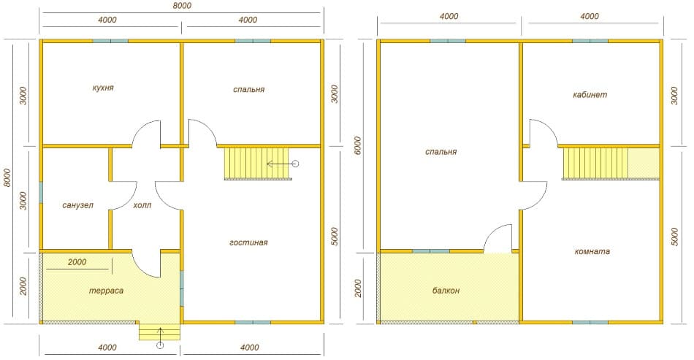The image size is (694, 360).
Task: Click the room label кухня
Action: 103,88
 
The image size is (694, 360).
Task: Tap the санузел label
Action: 78,205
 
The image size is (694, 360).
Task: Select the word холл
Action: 142,205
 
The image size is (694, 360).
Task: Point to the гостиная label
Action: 248,242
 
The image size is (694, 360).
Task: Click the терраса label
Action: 106,291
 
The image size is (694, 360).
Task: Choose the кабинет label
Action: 590,95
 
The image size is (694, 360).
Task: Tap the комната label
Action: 592,251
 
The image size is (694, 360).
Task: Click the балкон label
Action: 446,291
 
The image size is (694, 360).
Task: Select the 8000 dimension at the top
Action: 181,5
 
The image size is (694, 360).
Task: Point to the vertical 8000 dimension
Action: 7,177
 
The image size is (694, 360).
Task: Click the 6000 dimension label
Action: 358,146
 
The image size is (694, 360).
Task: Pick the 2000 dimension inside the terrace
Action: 77,262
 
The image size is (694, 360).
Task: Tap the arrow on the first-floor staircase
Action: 283,164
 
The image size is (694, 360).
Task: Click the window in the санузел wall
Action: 41,192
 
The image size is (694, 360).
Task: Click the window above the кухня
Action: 110,41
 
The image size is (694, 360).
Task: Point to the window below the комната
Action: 590,323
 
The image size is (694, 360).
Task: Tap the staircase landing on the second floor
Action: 644,163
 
